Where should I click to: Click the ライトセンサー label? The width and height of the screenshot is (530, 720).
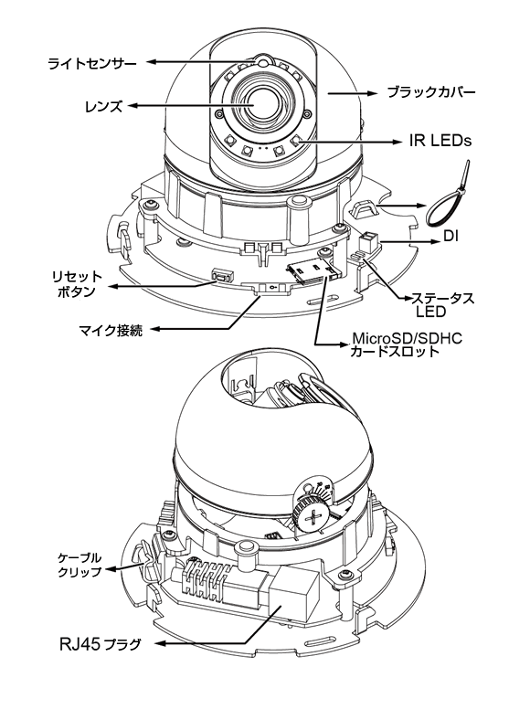[x=92, y=63]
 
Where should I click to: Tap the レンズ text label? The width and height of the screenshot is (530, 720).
[x=104, y=107]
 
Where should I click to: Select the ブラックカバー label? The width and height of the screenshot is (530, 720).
[x=431, y=92]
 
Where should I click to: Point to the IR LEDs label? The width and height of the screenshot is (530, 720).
[x=440, y=141]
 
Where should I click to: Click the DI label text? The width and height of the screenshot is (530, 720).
[x=450, y=237]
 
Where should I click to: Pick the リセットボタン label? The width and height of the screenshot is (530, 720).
[x=76, y=284]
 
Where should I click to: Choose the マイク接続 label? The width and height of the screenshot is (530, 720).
[x=111, y=330]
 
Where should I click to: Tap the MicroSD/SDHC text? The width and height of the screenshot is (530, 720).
[x=407, y=339]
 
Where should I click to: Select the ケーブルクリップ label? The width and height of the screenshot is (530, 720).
[x=79, y=565]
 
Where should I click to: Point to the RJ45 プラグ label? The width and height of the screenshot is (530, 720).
[x=100, y=644]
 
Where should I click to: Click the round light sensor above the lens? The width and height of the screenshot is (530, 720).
[x=262, y=60]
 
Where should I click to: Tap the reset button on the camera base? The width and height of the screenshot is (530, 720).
[x=222, y=277]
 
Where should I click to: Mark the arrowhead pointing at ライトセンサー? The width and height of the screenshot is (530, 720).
[x=152, y=61]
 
